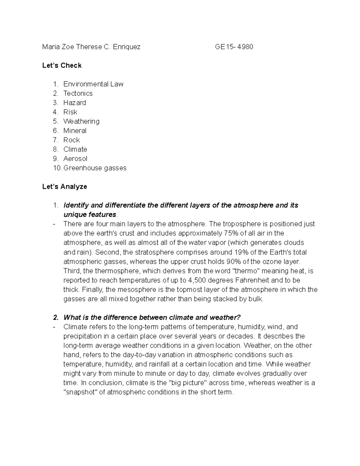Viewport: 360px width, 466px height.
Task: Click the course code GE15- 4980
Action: [x=234, y=47]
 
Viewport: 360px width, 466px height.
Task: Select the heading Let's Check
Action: [x=62, y=65]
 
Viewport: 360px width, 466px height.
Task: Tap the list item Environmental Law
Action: [x=93, y=84]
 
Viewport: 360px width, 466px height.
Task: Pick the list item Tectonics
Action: [x=78, y=93]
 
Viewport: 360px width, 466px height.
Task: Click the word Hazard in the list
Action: [x=75, y=103]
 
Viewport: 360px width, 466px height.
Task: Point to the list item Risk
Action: [x=70, y=112]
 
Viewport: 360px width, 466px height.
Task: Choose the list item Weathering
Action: [x=81, y=121]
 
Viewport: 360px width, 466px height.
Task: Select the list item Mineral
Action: [x=75, y=131]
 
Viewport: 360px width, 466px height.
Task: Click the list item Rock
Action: [x=71, y=140]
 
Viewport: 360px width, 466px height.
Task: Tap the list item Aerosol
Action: [x=75, y=158]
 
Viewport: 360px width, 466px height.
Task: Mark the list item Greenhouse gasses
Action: [x=95, y=168]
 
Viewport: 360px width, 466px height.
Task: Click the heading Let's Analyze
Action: [x=64, y=187]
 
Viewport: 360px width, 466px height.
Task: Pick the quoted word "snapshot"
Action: [x=80, y=392]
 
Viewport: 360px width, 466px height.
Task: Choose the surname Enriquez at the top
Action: [x=127, y=47]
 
